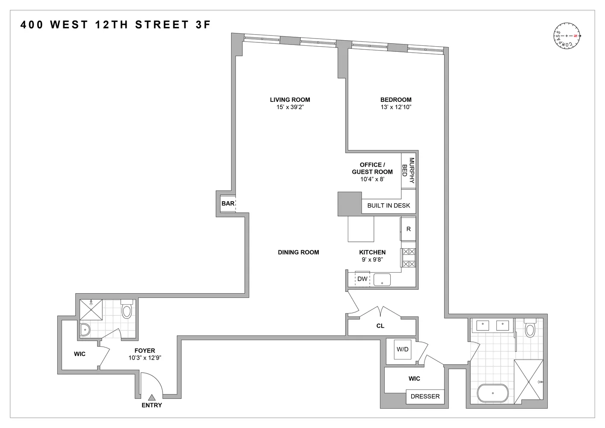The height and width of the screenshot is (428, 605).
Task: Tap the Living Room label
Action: (x=290, y=100)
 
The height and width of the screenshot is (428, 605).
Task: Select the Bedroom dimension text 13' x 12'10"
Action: (x=396, y=107)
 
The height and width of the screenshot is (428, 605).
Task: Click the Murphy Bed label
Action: (x=408, y=170)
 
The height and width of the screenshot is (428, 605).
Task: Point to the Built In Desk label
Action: (x=389, y=205)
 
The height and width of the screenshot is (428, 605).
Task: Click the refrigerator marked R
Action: (x=408, y=229)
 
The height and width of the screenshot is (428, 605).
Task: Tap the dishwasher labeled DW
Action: (x=362, y=279)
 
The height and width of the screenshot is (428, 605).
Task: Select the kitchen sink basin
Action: (x=382, y=280)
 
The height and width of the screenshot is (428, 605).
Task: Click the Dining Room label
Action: (x=298, y=252)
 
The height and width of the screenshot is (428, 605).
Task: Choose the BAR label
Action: (x=228, y=203)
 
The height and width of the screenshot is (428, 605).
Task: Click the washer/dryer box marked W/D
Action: (x=402, y=349)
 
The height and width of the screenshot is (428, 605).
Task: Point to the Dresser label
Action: (x=425, y=396)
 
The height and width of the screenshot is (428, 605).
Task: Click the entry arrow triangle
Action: (x=151, y=398)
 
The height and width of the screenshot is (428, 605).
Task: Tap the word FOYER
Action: (x=145, y=351)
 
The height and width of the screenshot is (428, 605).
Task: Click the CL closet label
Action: (x=380, y=326)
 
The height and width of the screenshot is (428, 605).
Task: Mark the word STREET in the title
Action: (x=162, y=25)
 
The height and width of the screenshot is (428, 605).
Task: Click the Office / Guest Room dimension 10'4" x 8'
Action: (x=372, y=179)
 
